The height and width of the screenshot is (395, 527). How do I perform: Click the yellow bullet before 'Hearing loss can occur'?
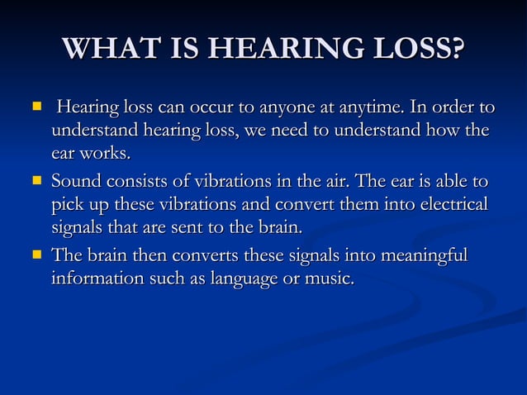click(36, 107)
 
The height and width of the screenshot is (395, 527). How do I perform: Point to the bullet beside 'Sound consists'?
click(36, 180)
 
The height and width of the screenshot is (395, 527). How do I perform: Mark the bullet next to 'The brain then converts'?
click(36, 255)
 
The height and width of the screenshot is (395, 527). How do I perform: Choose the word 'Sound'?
click(75, 181)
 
